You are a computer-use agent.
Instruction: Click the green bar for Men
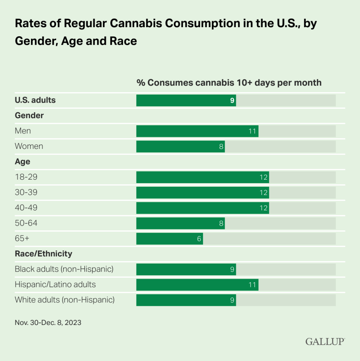pyautogui.click(x=197, y=131)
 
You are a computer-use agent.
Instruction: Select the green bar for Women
pyautogui.click(x=180, y=146)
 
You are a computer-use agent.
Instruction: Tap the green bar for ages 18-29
pyautogui.click(x=202, y=177)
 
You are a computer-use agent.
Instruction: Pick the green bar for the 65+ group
pyautogui.click(x=169, y=239)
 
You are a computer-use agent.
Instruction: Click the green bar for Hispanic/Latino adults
pyautogui.click(x=197, y=285)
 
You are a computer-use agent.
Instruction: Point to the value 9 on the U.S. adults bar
pyautogui.click(x=232, y=101)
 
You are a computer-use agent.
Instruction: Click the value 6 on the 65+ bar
pyautogui.click(x=199, y=239)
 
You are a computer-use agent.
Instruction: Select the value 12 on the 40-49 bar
pyautogui.click(x=264, y=208)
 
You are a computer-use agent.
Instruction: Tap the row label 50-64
pyautogui.click(x=26, y=223)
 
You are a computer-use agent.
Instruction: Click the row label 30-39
pyautogui.click(x=26, y=192)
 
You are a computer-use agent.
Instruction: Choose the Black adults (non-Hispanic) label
pyautogui.click(x=64, y=269)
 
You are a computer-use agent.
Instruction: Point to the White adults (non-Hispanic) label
pyautogui.click(x=65, y=300)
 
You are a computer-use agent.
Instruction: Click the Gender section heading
pyautogui.click(x=29, y=115)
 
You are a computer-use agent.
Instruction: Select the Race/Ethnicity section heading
pyautogui.click(x=43, y=253)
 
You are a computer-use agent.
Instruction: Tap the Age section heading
pyautogui.click(x=22, y=162)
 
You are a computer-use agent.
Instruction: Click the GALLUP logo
pyautogui.click(x=325, y=342)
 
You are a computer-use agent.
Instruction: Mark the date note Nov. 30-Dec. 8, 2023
pyautogui.click(x=48, y=323)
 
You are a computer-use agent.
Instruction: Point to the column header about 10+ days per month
pyautogui.click(x=229, y=83)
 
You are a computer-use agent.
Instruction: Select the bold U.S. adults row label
pyautogui.click(x=35, y=100)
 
